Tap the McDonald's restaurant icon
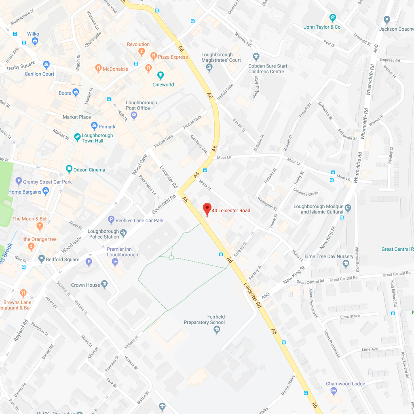coord(98,68)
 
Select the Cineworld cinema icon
coord(161,75)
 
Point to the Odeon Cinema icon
coord(69,169)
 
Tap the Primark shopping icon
coord(94,126)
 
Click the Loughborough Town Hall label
coord(97,138)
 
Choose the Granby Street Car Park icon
coord(18,181)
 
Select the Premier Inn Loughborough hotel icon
coord(115,262)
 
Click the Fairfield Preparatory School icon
coord(217,330)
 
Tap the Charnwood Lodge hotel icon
coord(334,391)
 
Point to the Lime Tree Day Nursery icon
coord(346,264)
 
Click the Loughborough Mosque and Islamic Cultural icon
coord(348,208)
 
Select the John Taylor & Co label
coord(322,27)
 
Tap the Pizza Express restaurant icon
coord(153,56)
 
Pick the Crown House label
coord(85,285)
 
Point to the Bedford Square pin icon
coord(41,258)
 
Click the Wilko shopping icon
coord(35,41)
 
